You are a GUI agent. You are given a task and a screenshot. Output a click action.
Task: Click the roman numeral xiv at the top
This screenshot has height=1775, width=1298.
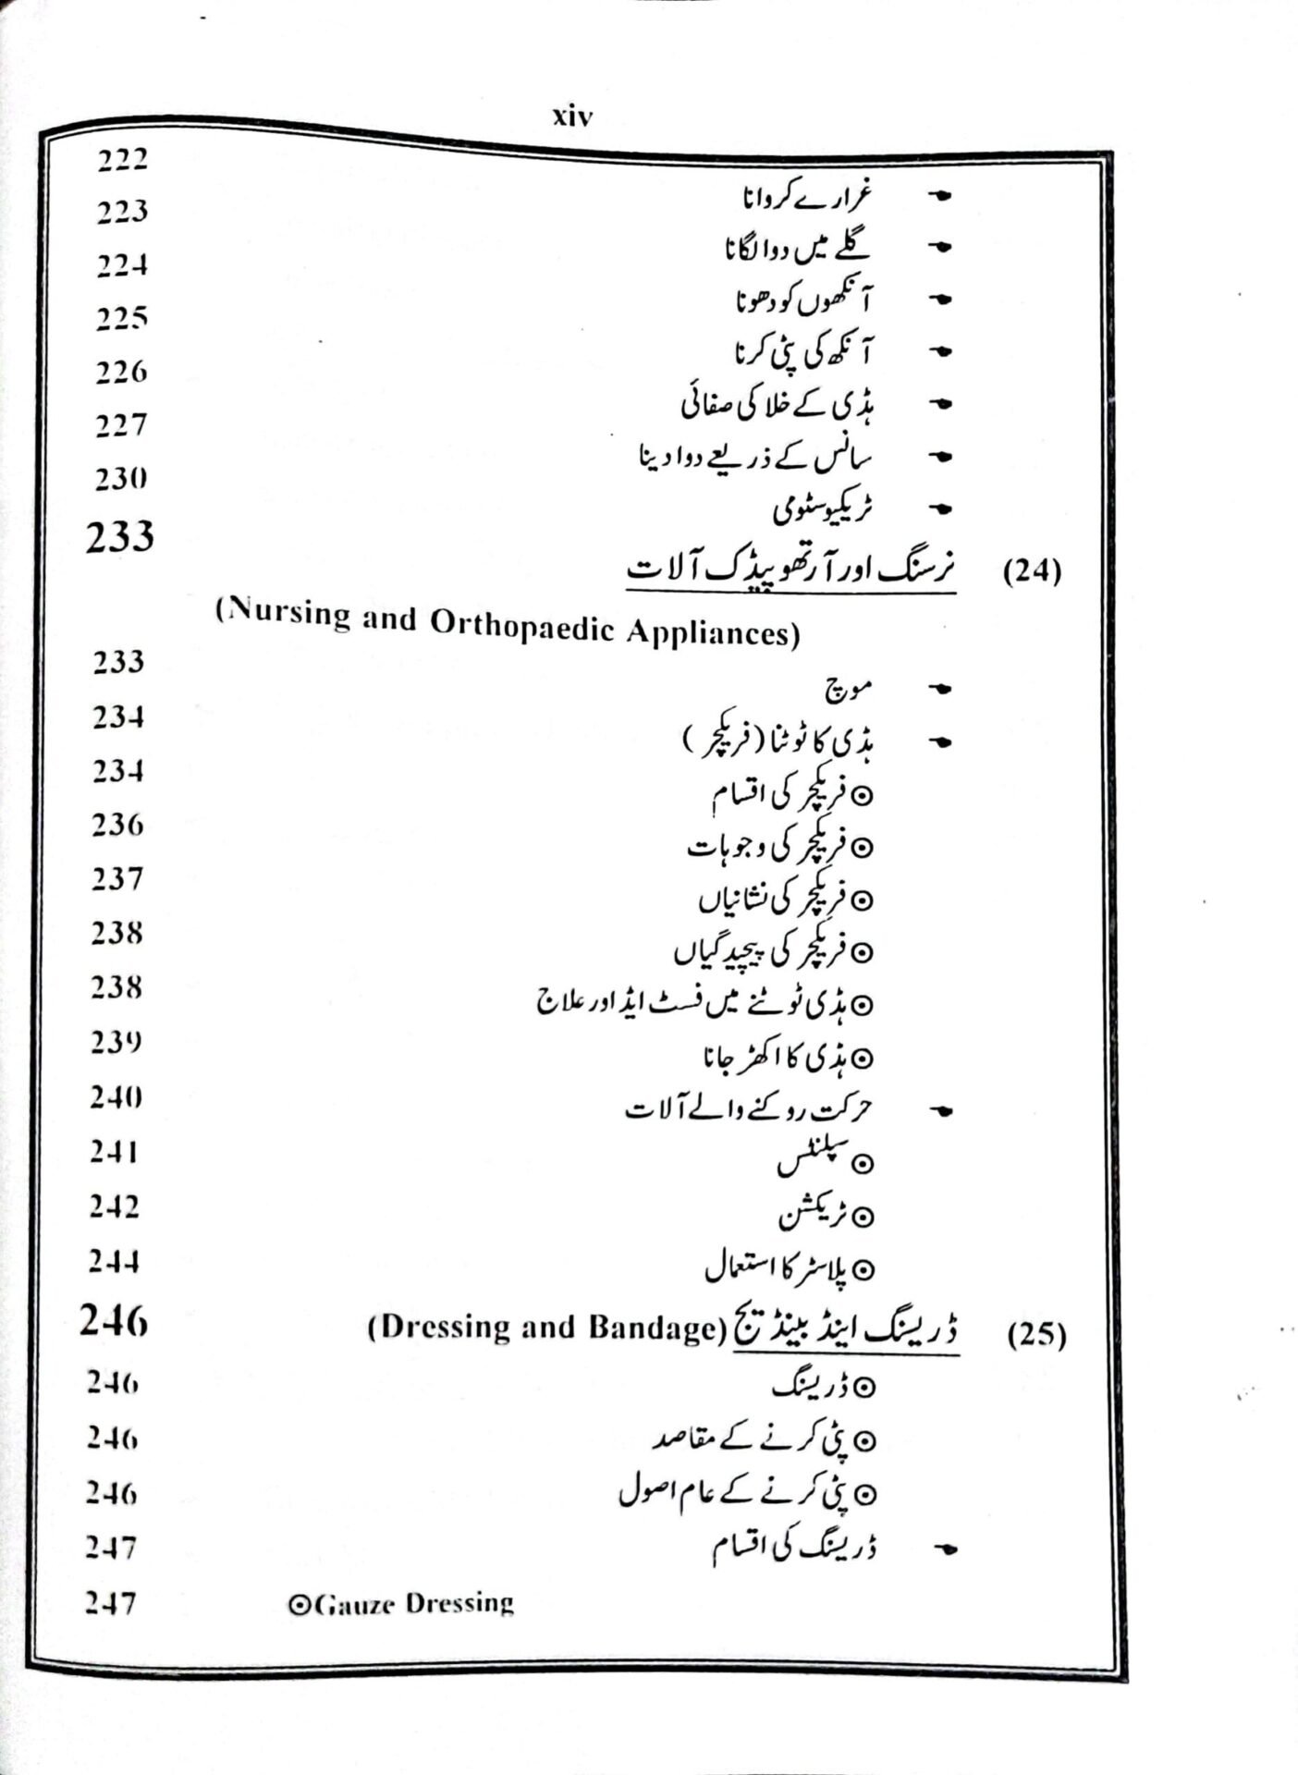(572, 117)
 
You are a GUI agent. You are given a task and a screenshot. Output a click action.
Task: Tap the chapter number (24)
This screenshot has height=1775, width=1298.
(1032, 571)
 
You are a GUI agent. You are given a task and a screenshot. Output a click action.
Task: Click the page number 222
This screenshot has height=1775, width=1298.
(122, 160)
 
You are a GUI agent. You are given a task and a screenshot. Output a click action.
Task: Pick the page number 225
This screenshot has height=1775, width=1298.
(121, 319)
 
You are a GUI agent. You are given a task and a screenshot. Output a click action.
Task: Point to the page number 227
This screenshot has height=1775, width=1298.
(120, 425)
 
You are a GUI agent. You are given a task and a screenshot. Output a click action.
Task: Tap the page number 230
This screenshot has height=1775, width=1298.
(120, 479)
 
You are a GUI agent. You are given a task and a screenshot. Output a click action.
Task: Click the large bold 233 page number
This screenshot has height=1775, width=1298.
(120, 536)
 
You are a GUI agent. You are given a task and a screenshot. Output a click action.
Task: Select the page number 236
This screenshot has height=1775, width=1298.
(117, 825)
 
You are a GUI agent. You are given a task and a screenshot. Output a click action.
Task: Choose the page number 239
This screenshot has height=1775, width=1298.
(116, 1042)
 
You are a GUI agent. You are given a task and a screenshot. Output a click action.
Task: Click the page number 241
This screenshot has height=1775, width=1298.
(116, 1152)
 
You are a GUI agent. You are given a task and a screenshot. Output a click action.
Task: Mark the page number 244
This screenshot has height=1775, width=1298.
(115, 1261)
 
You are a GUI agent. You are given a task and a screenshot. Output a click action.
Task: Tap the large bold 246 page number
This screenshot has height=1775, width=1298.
(114, 1322)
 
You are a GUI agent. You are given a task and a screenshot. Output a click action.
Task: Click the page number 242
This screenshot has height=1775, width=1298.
(115, 1206)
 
